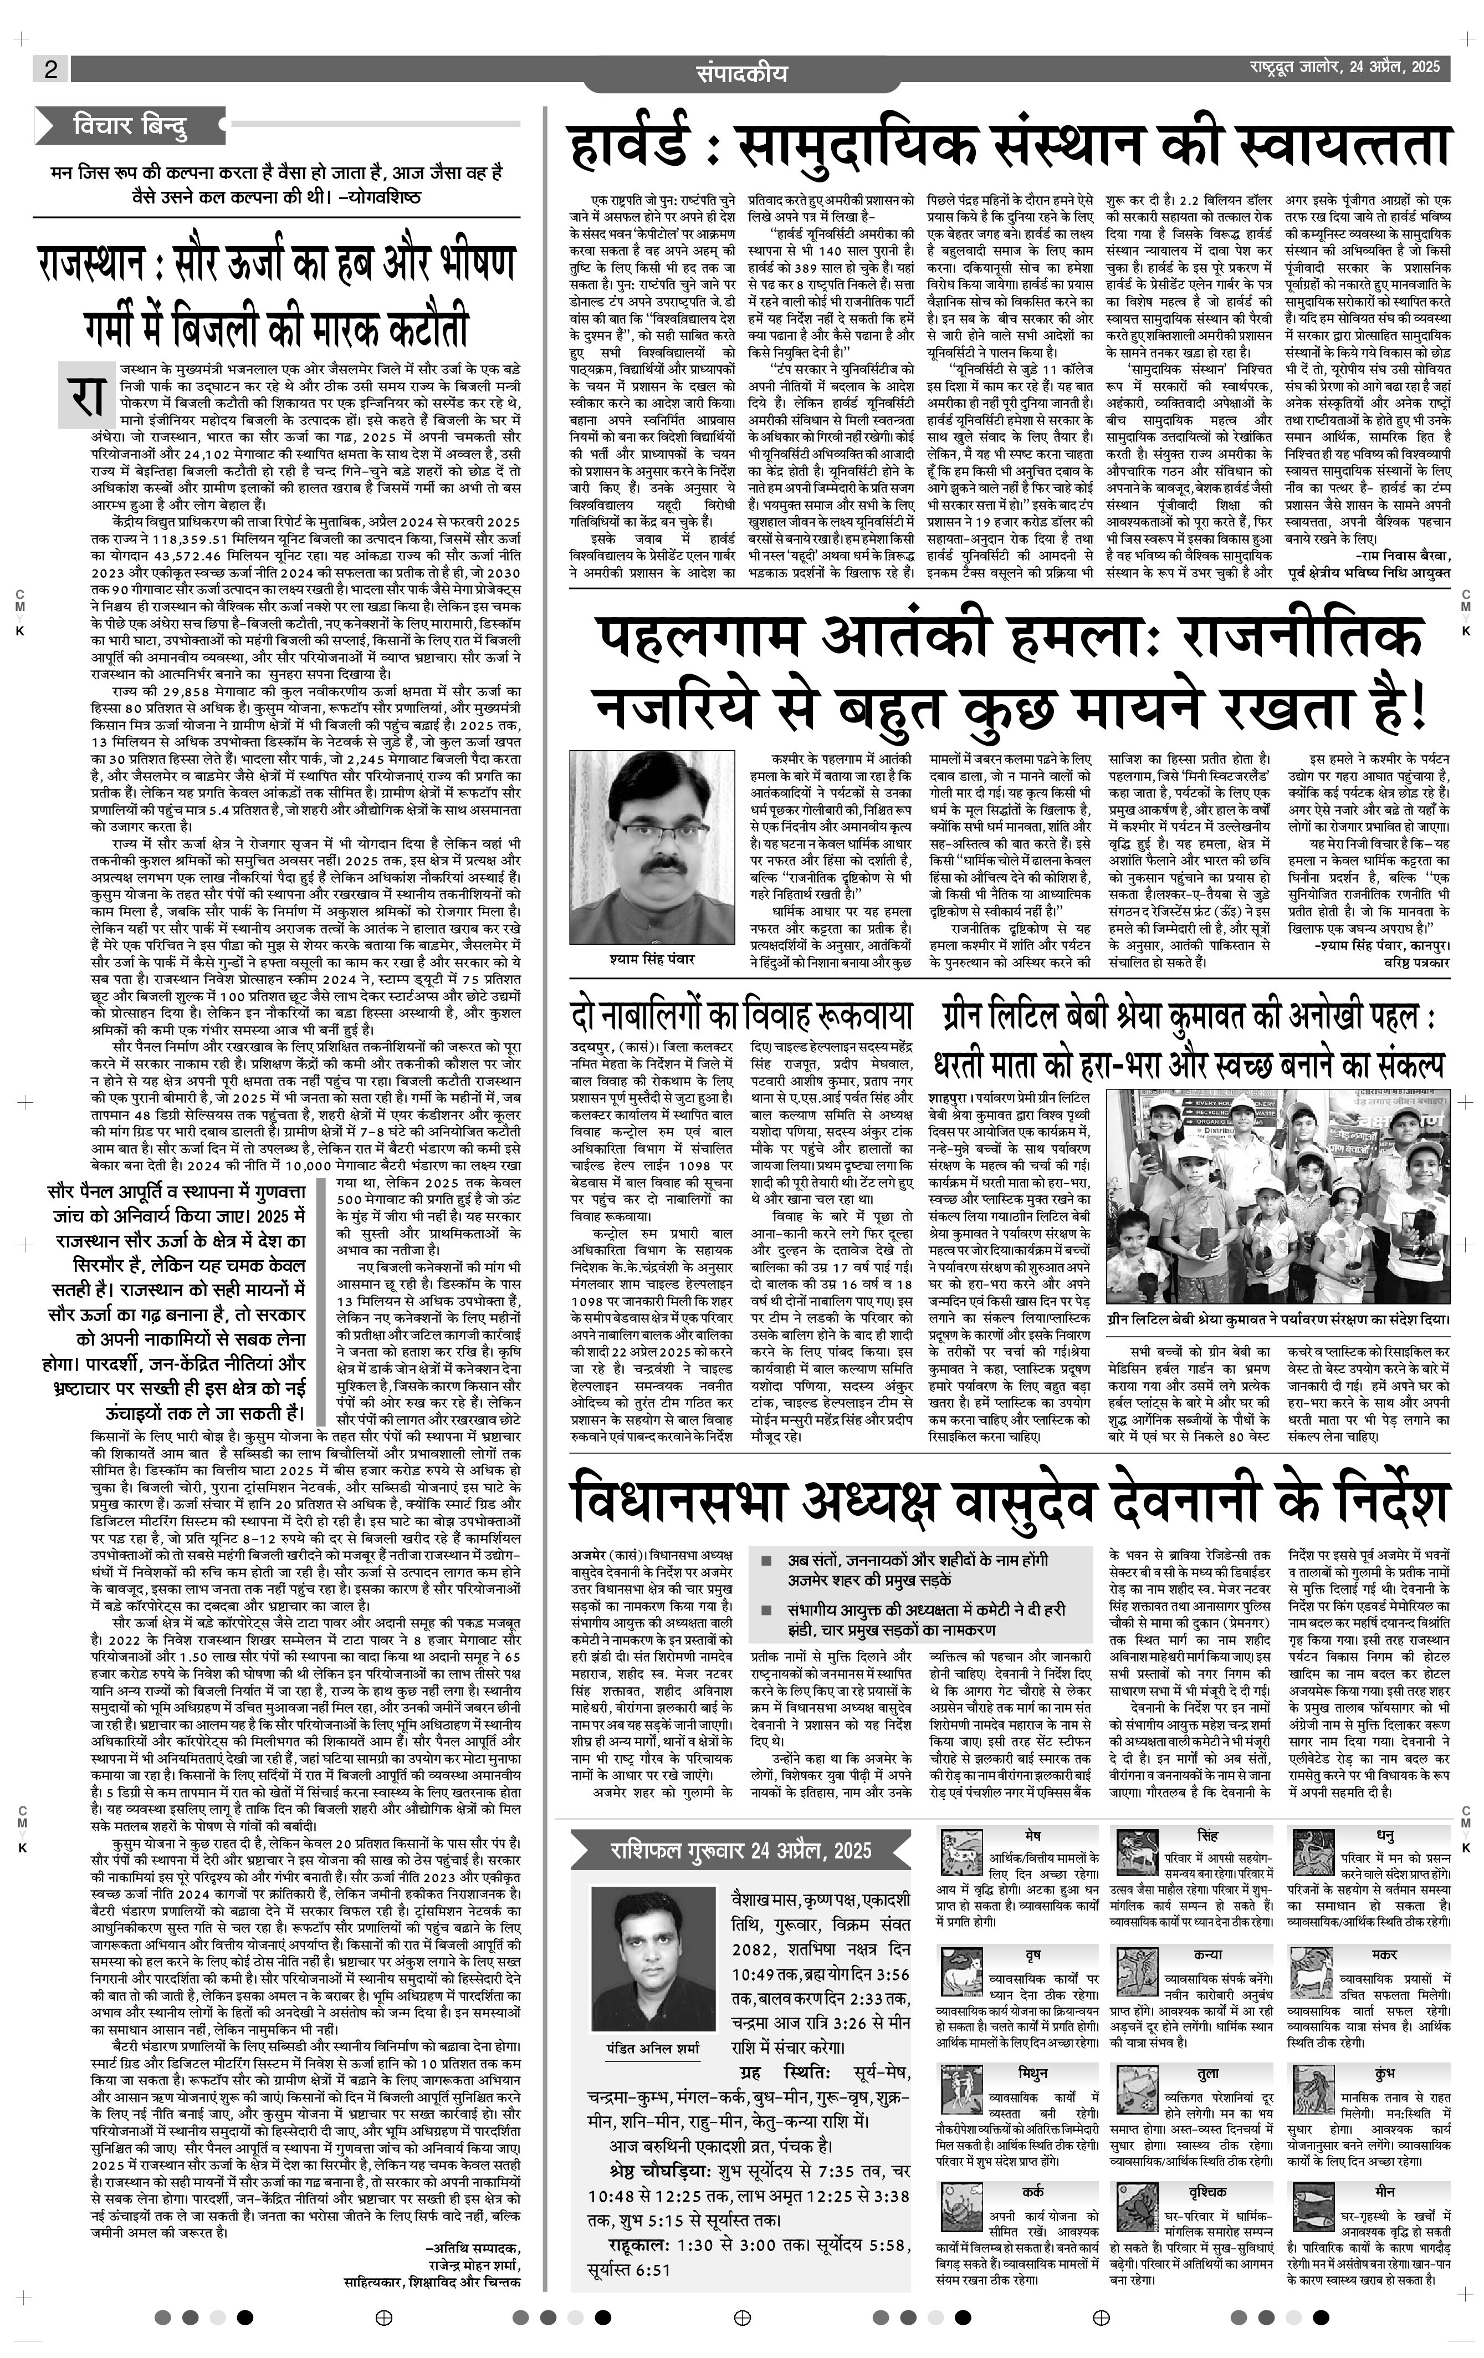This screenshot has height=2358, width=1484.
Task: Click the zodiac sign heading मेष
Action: (1033, 1834)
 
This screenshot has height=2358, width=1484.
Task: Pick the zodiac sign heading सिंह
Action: (1207, 1834)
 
